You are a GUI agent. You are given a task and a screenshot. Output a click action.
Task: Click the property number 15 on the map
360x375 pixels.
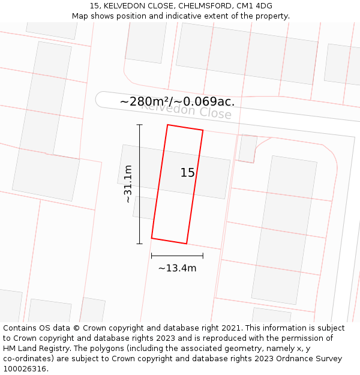187,173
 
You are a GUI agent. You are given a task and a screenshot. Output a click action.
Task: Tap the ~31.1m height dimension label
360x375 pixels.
127,184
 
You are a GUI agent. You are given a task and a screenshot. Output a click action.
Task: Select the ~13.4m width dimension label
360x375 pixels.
177,268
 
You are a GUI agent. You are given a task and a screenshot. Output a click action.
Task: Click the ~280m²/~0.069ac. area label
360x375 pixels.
177,102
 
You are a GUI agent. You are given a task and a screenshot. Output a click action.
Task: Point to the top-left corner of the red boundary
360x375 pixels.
167,125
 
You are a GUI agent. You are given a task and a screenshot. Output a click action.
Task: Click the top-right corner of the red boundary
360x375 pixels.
203,130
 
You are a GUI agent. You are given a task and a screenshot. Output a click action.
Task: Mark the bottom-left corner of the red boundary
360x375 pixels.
152,238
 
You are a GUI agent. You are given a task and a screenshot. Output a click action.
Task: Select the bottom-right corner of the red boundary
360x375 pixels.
187,244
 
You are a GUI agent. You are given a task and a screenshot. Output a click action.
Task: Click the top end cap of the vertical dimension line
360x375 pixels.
140,125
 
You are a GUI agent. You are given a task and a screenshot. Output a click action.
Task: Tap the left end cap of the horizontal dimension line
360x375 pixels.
152,256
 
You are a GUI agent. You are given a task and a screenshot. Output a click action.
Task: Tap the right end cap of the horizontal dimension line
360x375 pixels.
203,256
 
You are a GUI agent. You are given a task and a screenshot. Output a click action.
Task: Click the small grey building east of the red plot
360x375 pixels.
247,148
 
